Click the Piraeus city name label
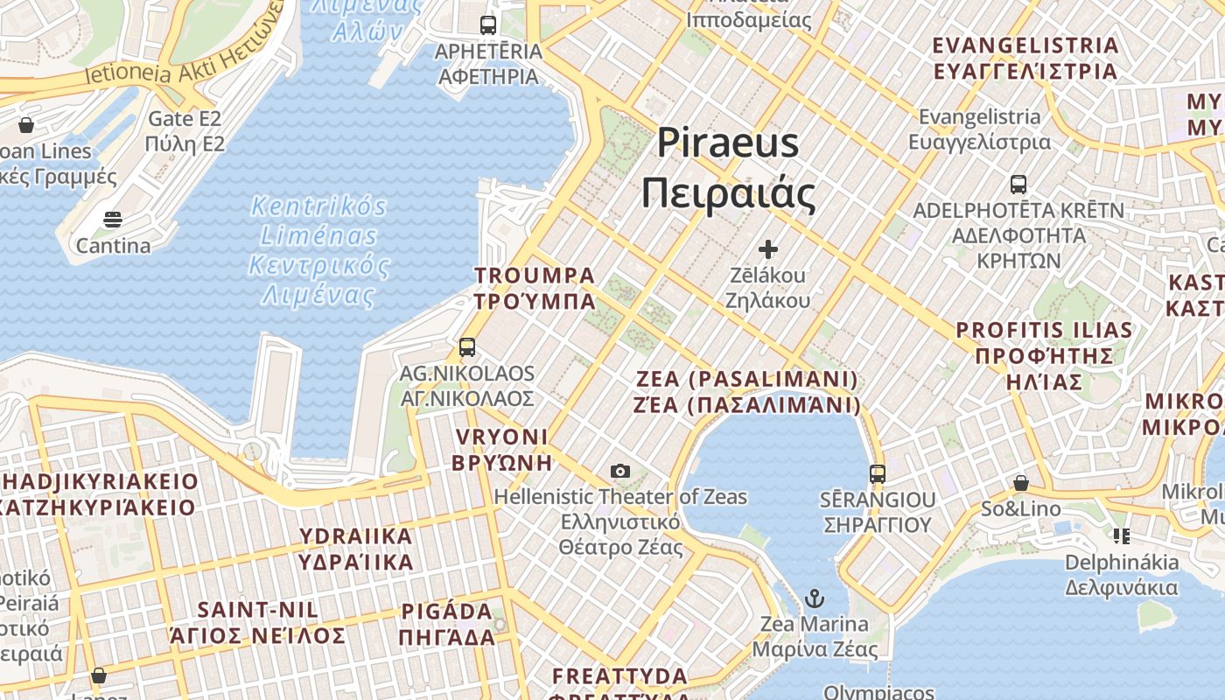728,168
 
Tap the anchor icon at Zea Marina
815,599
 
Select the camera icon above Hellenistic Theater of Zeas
620,472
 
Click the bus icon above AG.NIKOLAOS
467,347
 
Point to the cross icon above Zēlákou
768,249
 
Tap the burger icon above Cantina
113,219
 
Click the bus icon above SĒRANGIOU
878,474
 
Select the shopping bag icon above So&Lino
1020,483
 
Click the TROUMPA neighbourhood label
535,288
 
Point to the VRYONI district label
501,449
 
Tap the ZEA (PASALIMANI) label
748,392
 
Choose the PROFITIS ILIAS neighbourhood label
1044,355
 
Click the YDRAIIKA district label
356,549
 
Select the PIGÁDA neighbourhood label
447,624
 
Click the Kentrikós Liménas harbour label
318,250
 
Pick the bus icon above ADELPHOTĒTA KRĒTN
1018,185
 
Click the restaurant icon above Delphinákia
1121,535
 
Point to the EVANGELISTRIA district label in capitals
1025,58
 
